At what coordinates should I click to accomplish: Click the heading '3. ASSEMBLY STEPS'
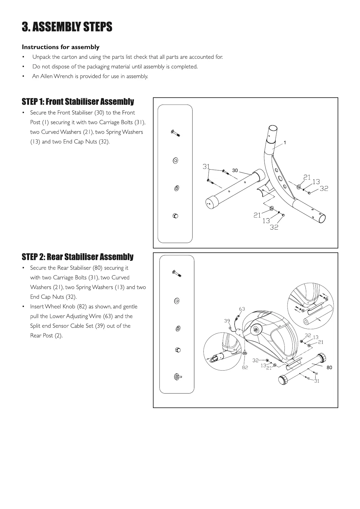coord(67,27)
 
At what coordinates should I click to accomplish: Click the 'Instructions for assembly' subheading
coord(60,47)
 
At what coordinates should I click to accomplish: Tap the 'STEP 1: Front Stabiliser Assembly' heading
coord(78,102)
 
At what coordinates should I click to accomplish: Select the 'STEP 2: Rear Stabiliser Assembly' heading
coord(77,257)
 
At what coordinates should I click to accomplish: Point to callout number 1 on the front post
coord(285,142)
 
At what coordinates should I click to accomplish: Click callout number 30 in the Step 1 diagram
coord(235,170)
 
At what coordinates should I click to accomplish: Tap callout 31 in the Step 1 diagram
coord(206,167)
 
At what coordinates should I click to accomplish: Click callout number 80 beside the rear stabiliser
coord(329,367)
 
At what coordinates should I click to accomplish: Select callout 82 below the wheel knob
coord(245,368)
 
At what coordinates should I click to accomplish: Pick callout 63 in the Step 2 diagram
coord(242,309)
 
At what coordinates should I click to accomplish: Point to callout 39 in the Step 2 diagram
coord(227,321)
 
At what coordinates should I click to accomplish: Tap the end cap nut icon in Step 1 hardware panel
coord(175,216)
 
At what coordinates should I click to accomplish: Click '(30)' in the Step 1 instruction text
coord(99,113)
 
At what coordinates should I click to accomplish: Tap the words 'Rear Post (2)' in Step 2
coord(46,336)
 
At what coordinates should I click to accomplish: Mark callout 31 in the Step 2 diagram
coord(316,381)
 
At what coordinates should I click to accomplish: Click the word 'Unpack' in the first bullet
coord(41,57)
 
